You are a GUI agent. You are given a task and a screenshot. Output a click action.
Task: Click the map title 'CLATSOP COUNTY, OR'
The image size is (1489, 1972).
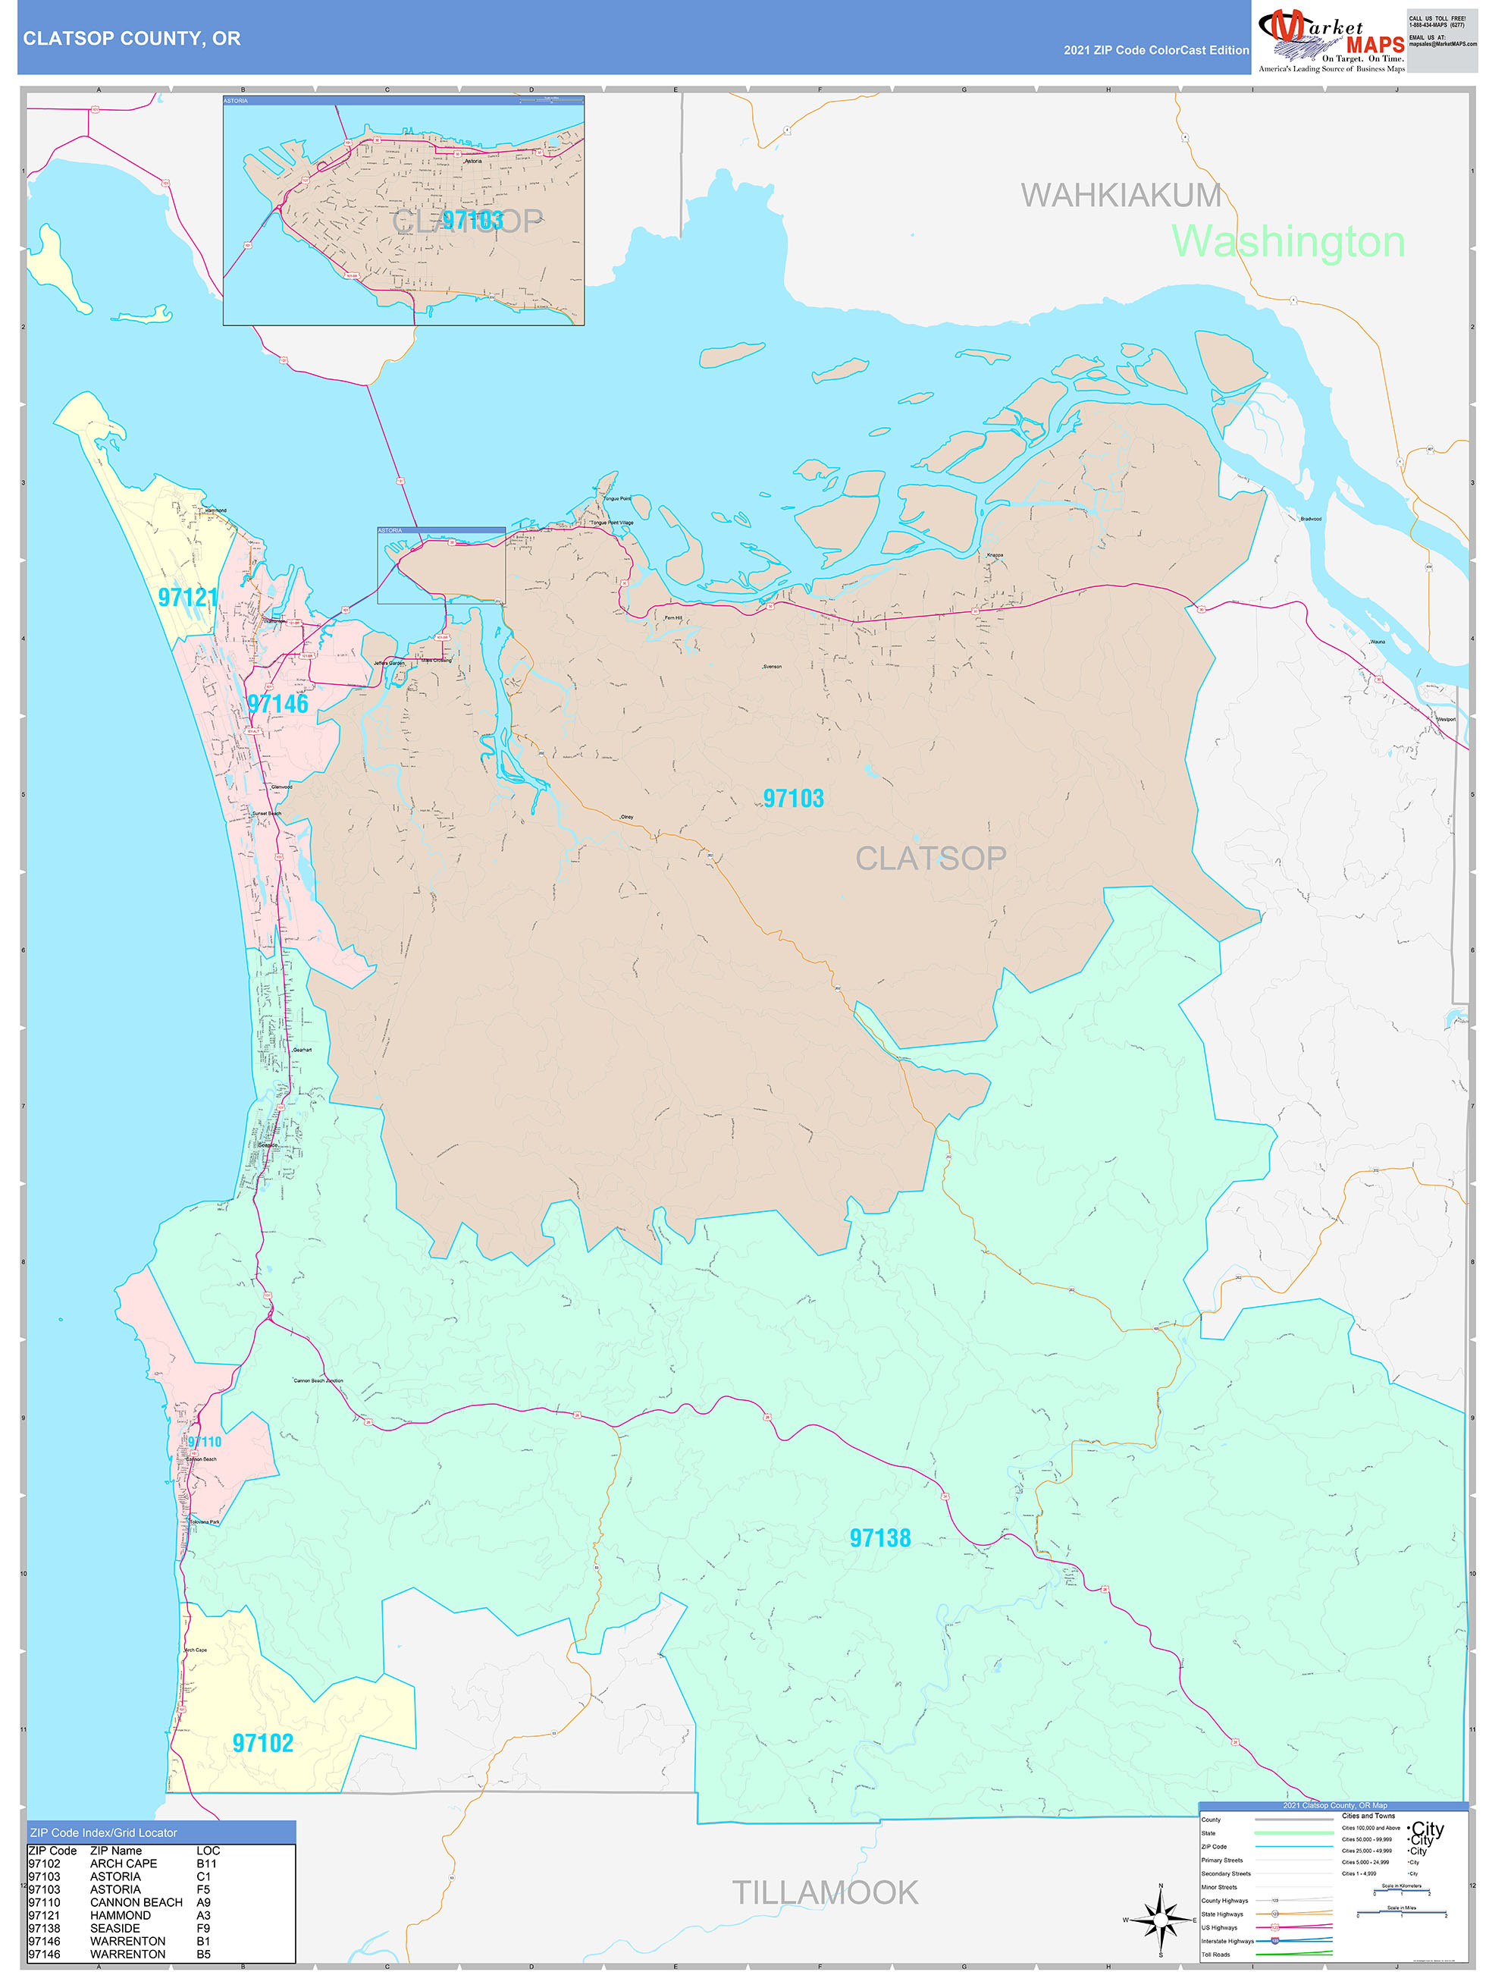(x=132, y=39)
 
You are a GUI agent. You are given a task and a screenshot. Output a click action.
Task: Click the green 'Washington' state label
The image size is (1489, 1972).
(x=1287, y=242)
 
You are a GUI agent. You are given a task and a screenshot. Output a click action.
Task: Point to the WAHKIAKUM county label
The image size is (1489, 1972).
(x=1120, y=194)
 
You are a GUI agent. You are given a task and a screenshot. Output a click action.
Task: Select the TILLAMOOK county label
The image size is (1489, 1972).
(x=824, y=1892)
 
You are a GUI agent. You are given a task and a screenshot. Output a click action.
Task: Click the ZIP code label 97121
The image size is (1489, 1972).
(x=187, y=598)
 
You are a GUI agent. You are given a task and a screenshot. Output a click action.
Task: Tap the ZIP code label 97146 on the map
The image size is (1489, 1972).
(x=278, y=705)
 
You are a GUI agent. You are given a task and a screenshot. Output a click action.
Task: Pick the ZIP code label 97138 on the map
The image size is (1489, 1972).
(x=879, y=1538)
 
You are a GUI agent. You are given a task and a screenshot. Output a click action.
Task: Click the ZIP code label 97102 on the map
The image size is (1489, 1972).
(x=263, y=1743)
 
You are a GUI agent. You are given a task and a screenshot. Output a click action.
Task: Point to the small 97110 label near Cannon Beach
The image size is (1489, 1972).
(x=204, y=1442)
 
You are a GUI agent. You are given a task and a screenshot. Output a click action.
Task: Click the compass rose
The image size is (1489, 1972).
(x=1160, y=1920)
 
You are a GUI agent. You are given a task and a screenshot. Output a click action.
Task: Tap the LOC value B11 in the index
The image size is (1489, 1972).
(x=207, y=1864)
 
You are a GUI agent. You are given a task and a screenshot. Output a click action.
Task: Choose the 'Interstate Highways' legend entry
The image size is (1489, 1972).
(x=1227, y=1941)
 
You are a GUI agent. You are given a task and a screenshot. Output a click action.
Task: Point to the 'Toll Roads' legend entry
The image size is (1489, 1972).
(x=1215, y=1954)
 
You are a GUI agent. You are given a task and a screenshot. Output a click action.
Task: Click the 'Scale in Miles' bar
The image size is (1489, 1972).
(x=1401, y=1913)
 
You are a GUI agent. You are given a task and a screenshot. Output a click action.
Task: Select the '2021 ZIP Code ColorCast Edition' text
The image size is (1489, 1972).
(x=1155, y=50)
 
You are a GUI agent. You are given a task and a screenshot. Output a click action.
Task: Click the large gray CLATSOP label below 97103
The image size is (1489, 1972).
(x=930, y=859)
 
